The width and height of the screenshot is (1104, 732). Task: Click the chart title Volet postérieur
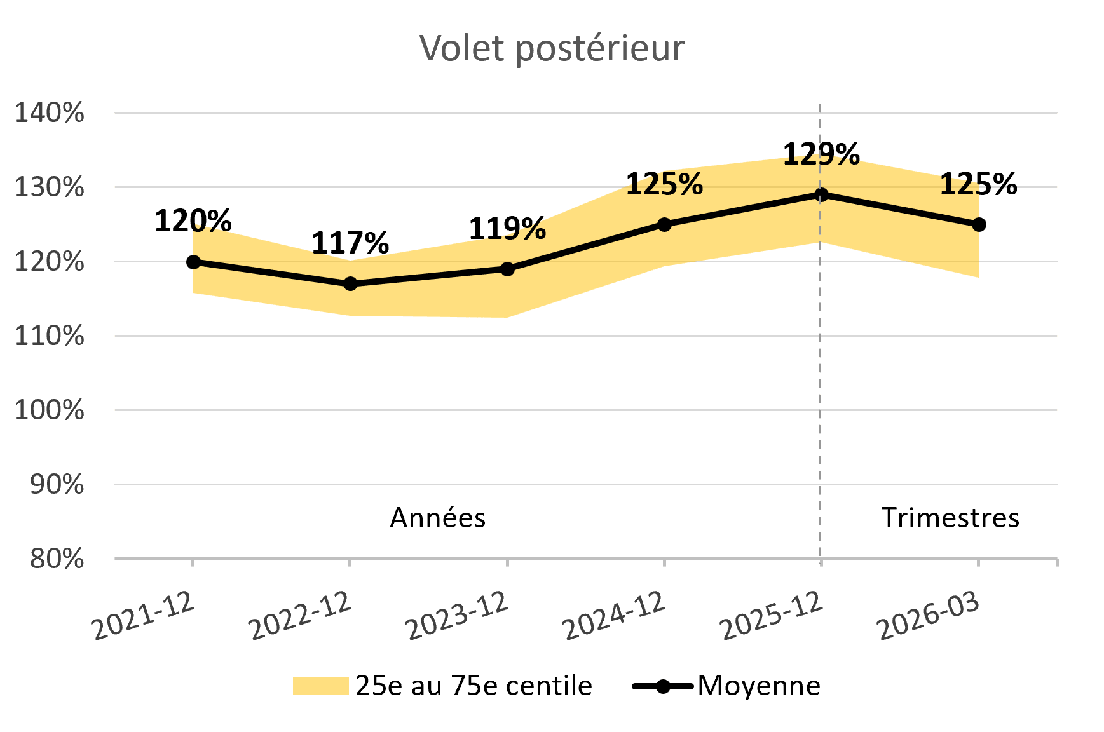[552, 48]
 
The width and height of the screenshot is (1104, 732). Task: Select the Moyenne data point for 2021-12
[193, 262]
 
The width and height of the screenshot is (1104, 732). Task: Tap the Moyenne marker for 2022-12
[350, 284]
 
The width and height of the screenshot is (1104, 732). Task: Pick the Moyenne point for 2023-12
[507, 269]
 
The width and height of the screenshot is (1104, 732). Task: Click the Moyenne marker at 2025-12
[821, 194]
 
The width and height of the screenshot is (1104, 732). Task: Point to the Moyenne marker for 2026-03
[979, 224]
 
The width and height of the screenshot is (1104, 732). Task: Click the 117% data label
[350, 243]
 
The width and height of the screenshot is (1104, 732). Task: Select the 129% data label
[821, 154]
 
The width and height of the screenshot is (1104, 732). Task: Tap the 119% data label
[507, 228]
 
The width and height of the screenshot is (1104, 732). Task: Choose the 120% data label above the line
[193, 221]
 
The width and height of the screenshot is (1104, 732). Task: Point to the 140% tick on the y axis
[50, 113]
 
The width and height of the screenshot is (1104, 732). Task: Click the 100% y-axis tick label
[50, 410]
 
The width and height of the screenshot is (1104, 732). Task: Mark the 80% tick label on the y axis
[57, 559]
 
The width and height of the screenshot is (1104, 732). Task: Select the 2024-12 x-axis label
[615, 615]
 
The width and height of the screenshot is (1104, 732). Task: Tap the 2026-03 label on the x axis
[929, 615]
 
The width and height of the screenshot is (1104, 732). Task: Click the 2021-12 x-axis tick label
[144, 615]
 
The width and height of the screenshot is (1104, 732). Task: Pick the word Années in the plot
[437, 518]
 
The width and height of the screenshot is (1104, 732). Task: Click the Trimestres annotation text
[950, 518]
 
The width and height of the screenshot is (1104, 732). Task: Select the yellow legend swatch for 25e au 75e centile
[320, 686]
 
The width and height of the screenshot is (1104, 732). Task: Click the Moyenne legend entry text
[759, 686]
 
